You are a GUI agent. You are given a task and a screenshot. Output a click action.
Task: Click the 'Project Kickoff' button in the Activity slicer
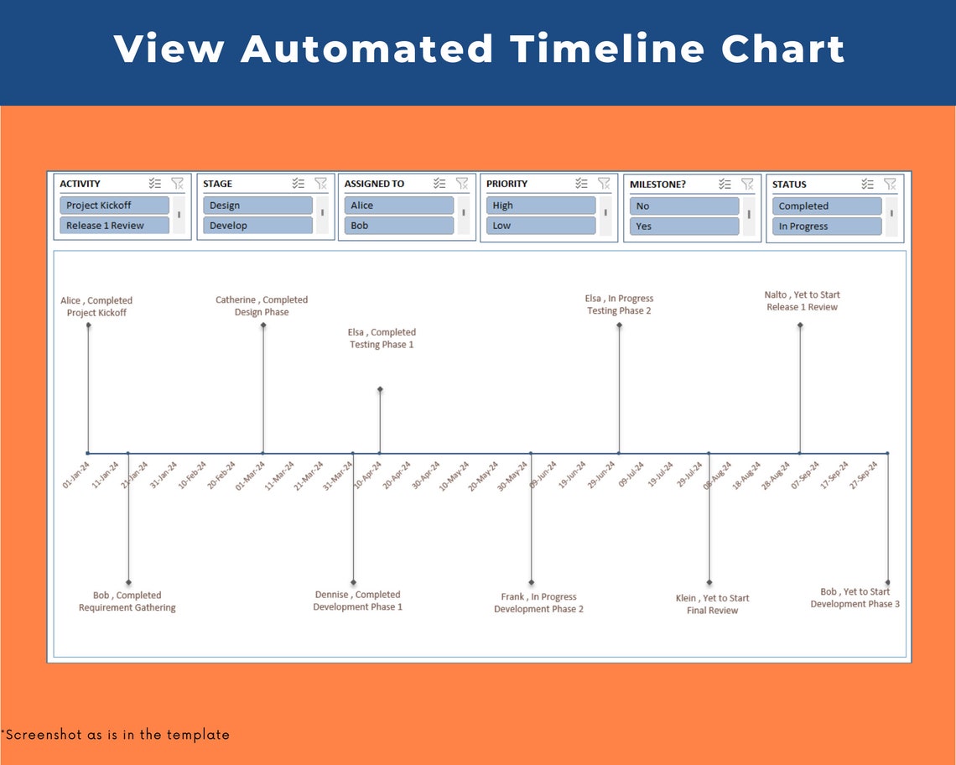(114, 206)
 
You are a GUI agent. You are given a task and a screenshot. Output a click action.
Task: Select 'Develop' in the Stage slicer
(257, 226)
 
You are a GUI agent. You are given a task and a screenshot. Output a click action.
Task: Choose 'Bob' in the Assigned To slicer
(398, 226)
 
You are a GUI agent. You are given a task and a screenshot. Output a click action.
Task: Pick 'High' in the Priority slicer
(541, 206)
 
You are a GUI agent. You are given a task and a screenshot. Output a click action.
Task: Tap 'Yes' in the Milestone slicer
(683, 226)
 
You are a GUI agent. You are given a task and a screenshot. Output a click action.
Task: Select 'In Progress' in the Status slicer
(826, 226)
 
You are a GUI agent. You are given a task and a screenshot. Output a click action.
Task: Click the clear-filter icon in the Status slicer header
(890, 184)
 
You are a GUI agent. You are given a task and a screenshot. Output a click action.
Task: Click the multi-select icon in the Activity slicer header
(154, 184)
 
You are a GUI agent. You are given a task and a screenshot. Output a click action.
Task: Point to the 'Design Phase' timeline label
(262, 312)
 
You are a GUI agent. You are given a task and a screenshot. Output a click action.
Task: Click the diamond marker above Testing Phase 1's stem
(380, 389)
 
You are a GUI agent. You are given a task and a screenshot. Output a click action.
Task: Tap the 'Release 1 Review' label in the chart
(802, 307)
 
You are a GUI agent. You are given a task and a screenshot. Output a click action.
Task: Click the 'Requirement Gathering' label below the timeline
(127, 608)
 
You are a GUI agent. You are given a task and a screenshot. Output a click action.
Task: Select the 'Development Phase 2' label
(538, 609)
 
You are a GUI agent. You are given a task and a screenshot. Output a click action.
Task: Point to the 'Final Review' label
(712, 611)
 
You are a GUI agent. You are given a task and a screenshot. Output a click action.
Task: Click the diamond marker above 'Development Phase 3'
(887, 582)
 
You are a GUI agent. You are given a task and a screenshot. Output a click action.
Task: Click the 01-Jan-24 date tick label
(75, 475)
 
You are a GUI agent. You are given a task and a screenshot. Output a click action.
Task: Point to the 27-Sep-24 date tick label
(864, 475)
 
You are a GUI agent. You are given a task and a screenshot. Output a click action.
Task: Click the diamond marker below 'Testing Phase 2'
(619, 325)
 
